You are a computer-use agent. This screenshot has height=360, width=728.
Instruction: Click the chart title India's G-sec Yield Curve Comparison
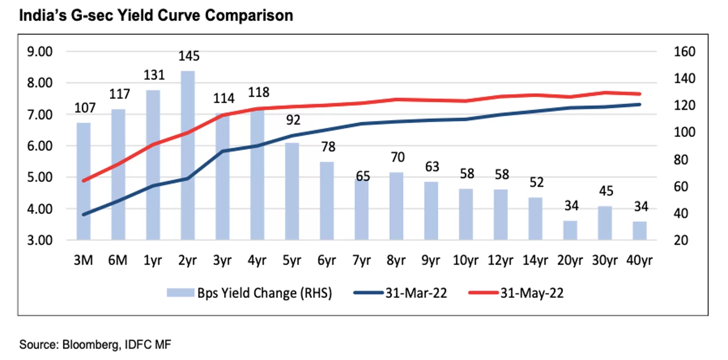pos(156,16)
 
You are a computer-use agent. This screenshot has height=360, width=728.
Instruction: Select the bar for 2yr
pos(188,155)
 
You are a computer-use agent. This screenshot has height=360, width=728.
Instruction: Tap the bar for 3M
pos(83,181)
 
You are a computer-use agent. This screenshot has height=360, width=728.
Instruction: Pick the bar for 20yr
pos(570,231)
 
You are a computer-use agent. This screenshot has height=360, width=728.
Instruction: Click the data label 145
pos(189,56)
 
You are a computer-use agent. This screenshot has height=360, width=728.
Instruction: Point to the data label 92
pos(293,120)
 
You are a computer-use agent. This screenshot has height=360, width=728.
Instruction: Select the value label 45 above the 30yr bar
pos(606,191)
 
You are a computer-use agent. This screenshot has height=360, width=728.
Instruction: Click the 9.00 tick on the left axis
pos(40,52)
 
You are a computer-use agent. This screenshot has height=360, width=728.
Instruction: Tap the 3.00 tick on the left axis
pos(40,240)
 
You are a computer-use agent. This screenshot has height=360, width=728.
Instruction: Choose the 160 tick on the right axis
pos(685,52)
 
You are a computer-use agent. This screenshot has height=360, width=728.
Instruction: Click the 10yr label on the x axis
pos(465,260)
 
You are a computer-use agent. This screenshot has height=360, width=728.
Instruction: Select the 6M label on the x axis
pos(118,260)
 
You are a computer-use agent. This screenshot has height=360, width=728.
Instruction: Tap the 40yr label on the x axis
pos(639,260)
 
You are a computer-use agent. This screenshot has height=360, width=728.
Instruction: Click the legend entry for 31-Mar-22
pos(400,293)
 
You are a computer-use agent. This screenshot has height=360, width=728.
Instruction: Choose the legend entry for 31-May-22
pos(516,293)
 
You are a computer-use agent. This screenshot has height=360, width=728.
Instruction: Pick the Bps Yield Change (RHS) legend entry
pos(249,293)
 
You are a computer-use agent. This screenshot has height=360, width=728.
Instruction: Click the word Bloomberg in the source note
pos(90,344)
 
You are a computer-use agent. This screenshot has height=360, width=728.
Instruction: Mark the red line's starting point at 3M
pos(84,181)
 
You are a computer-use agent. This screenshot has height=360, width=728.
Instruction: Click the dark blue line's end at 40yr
pos(639,105)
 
